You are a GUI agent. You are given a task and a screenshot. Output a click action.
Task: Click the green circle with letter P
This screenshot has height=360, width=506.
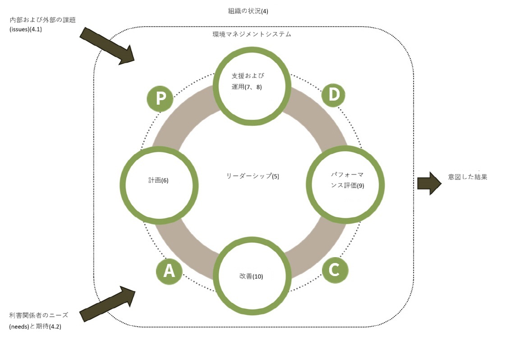pyautogui.click(x=160, y=99)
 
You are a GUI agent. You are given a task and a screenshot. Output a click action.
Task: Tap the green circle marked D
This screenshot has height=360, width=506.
pyautogui.click(x=333, y=95)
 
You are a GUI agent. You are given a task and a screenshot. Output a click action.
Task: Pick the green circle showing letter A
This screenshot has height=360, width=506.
pyautogui.click(x=169, y=271)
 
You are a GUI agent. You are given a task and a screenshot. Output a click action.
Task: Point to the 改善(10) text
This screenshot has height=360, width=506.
pyautogui.click(x=251, y=276)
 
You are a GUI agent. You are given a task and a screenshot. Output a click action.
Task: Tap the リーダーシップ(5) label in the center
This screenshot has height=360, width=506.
pyautogui.click(x=253, y=176)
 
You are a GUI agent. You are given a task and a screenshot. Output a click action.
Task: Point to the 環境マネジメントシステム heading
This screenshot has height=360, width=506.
pyautogui.click(x=252, y=34)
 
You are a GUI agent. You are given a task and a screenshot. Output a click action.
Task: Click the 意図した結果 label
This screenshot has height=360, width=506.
pyautogui.click(x=468, y=177)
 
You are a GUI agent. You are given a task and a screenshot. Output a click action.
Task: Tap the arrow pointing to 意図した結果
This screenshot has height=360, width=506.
pyautogui.click(x=429, y=183)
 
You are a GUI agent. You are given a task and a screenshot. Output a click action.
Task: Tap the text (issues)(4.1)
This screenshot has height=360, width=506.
pyautogui.click(x=26, y=31)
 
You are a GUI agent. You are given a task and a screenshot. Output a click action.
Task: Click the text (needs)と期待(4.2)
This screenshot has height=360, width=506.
pyautogui.click(x=35, y=326)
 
